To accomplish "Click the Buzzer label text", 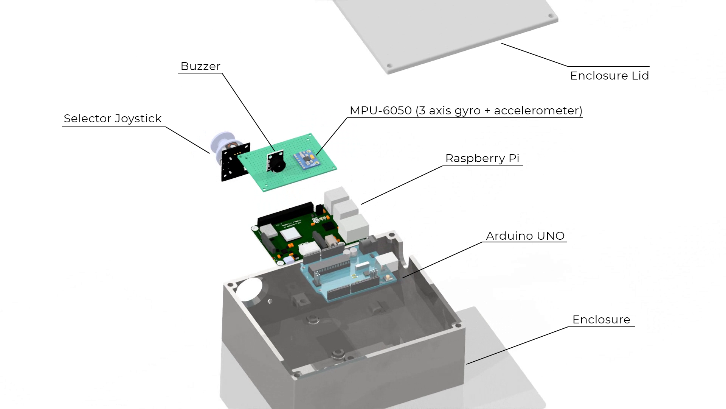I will click(200, 66).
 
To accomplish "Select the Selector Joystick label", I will click(112, 119).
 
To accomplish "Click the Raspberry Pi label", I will click(482, 158).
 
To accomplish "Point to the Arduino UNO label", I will click(525, 236).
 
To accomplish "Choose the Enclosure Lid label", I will click(609, 76).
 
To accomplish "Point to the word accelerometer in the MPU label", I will click(538, 111).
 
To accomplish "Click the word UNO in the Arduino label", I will click(553, 236).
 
